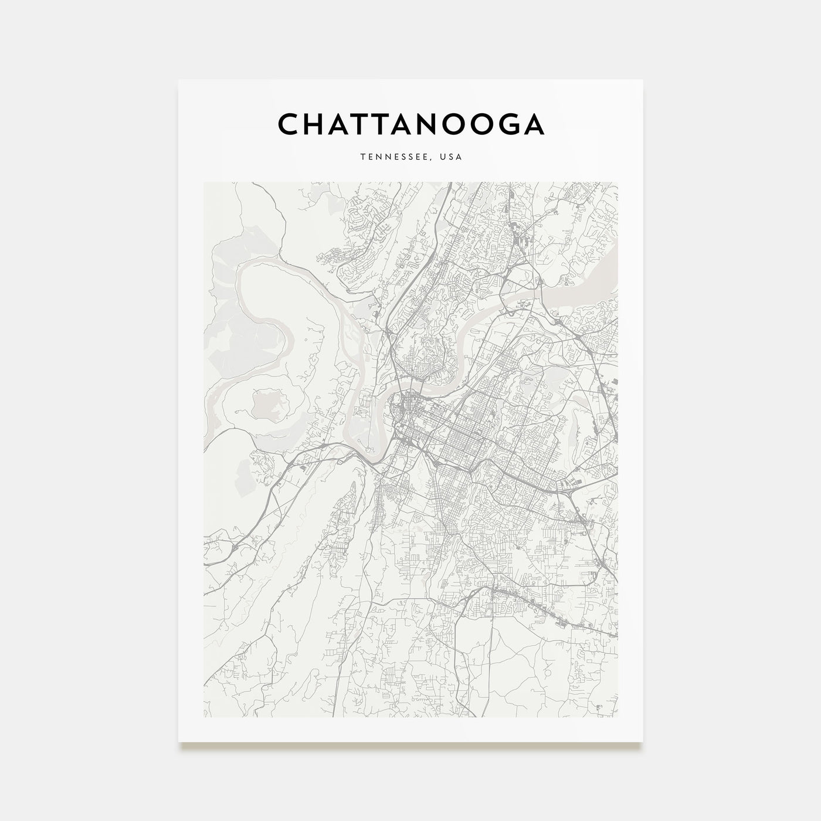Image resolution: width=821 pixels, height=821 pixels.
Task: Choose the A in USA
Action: pos(460,157)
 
